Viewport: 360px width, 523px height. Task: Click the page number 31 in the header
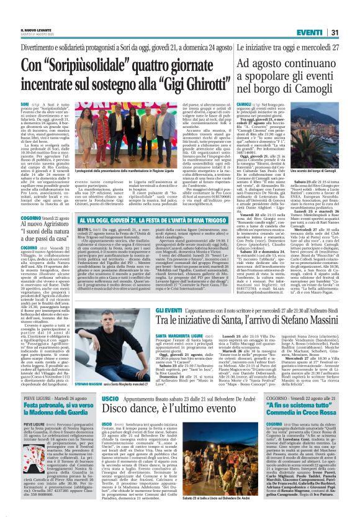pyautogui.click(x=350, y=15)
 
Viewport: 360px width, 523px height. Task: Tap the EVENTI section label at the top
pyautogui.click(x=326, y=15)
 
